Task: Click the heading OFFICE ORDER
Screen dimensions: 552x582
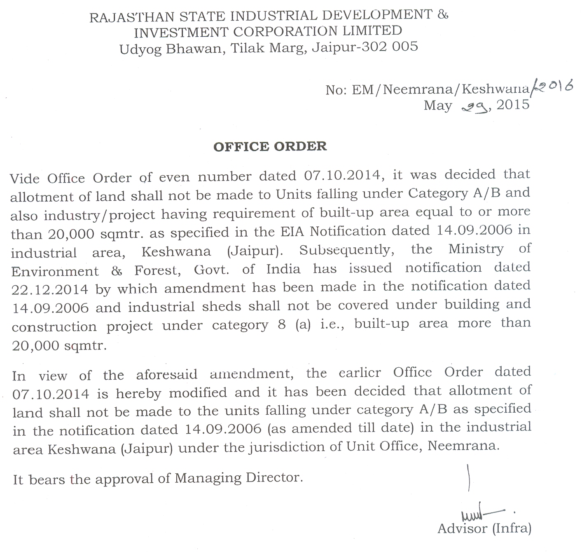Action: click(x=270, y=147)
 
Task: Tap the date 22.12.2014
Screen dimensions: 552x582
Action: click(x=49, y=289)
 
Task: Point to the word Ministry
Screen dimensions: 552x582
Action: click(x=476, y=249)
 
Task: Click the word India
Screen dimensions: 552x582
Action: click(x=283, y=269)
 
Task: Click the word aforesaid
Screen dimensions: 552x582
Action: click(x=167, y=375)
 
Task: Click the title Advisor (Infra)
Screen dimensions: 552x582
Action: click(x=484, y=529)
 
